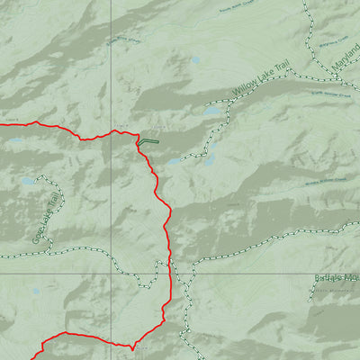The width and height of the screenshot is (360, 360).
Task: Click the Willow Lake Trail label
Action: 265,81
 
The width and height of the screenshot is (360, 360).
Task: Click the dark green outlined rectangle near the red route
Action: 148,141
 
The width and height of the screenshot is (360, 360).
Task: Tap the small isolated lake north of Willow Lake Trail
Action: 195,61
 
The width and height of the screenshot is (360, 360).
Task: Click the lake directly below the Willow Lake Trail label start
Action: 212,112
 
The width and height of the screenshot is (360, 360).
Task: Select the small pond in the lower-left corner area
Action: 35,292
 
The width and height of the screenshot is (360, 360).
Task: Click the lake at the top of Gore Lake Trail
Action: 28,180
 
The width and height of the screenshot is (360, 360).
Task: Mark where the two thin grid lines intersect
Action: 112,273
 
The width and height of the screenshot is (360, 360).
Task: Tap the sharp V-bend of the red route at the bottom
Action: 132,346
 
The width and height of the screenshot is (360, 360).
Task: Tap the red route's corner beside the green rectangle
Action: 138,143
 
